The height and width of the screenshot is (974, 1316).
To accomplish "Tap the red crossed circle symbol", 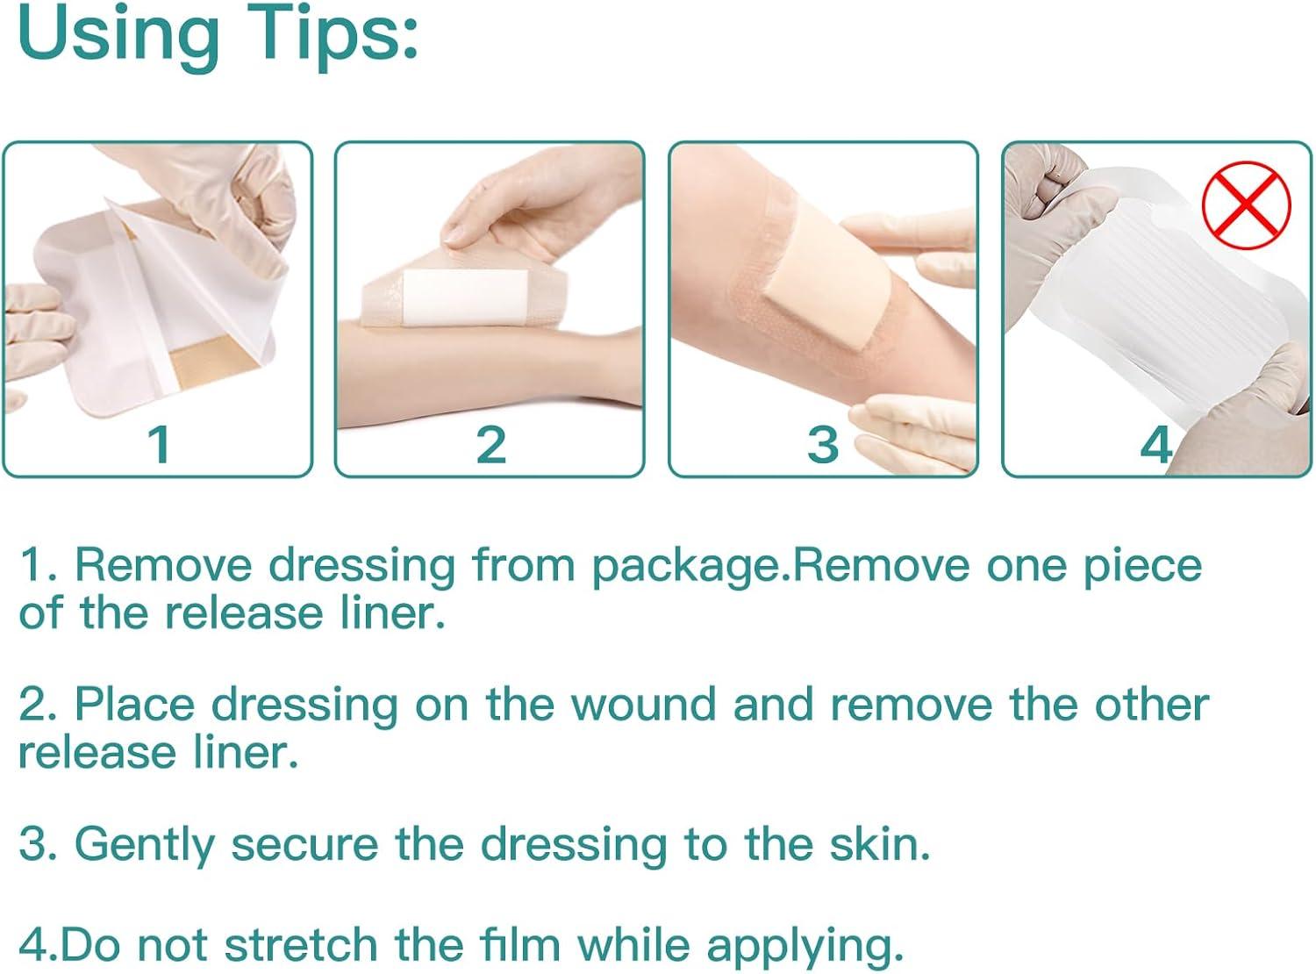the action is pos(1246,204).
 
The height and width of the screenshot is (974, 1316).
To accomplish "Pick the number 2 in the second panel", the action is pos(491,445).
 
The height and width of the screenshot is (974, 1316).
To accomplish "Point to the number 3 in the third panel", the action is pos(823,445).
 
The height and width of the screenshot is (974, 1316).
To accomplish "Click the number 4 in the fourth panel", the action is pos(1155,445).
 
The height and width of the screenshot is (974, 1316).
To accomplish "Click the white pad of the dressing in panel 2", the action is pos(466,297).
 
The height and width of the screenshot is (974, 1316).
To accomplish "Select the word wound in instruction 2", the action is pos(644,705).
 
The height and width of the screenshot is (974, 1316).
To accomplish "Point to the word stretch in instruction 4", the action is pos(301,944).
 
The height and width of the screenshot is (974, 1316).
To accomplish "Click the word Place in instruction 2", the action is pos(135,705).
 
